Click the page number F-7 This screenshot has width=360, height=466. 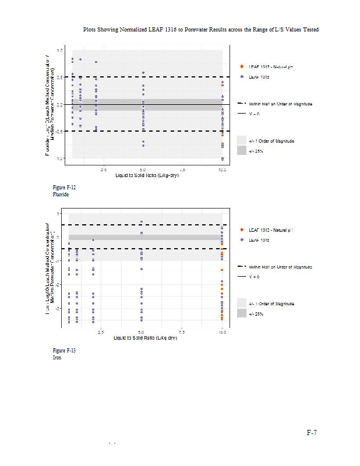point(312,433)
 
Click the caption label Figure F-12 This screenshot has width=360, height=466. point(64,188)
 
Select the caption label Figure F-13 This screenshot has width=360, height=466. point(64,351)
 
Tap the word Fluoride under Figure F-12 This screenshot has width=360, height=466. point(61,194)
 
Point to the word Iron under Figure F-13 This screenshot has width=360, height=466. point(57,358)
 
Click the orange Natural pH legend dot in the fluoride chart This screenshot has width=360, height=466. point(241,67)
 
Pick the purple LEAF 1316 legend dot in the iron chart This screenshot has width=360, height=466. point(241,240)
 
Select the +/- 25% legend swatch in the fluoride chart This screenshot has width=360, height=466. point(241,151)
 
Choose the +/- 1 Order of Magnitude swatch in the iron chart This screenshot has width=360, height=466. point(241,303)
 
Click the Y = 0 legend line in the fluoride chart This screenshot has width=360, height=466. point(241,114)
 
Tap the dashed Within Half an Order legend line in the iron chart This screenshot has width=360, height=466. point(241,266)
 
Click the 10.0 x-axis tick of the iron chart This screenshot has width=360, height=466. point(222,332)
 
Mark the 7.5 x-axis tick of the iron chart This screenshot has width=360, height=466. point(182,332)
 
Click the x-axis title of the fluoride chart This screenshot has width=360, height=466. point(143,175)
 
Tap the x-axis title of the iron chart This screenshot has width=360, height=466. point(143,338)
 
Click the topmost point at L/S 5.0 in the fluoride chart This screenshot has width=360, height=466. point(143,73)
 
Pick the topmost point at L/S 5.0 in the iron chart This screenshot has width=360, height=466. point(142,222)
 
